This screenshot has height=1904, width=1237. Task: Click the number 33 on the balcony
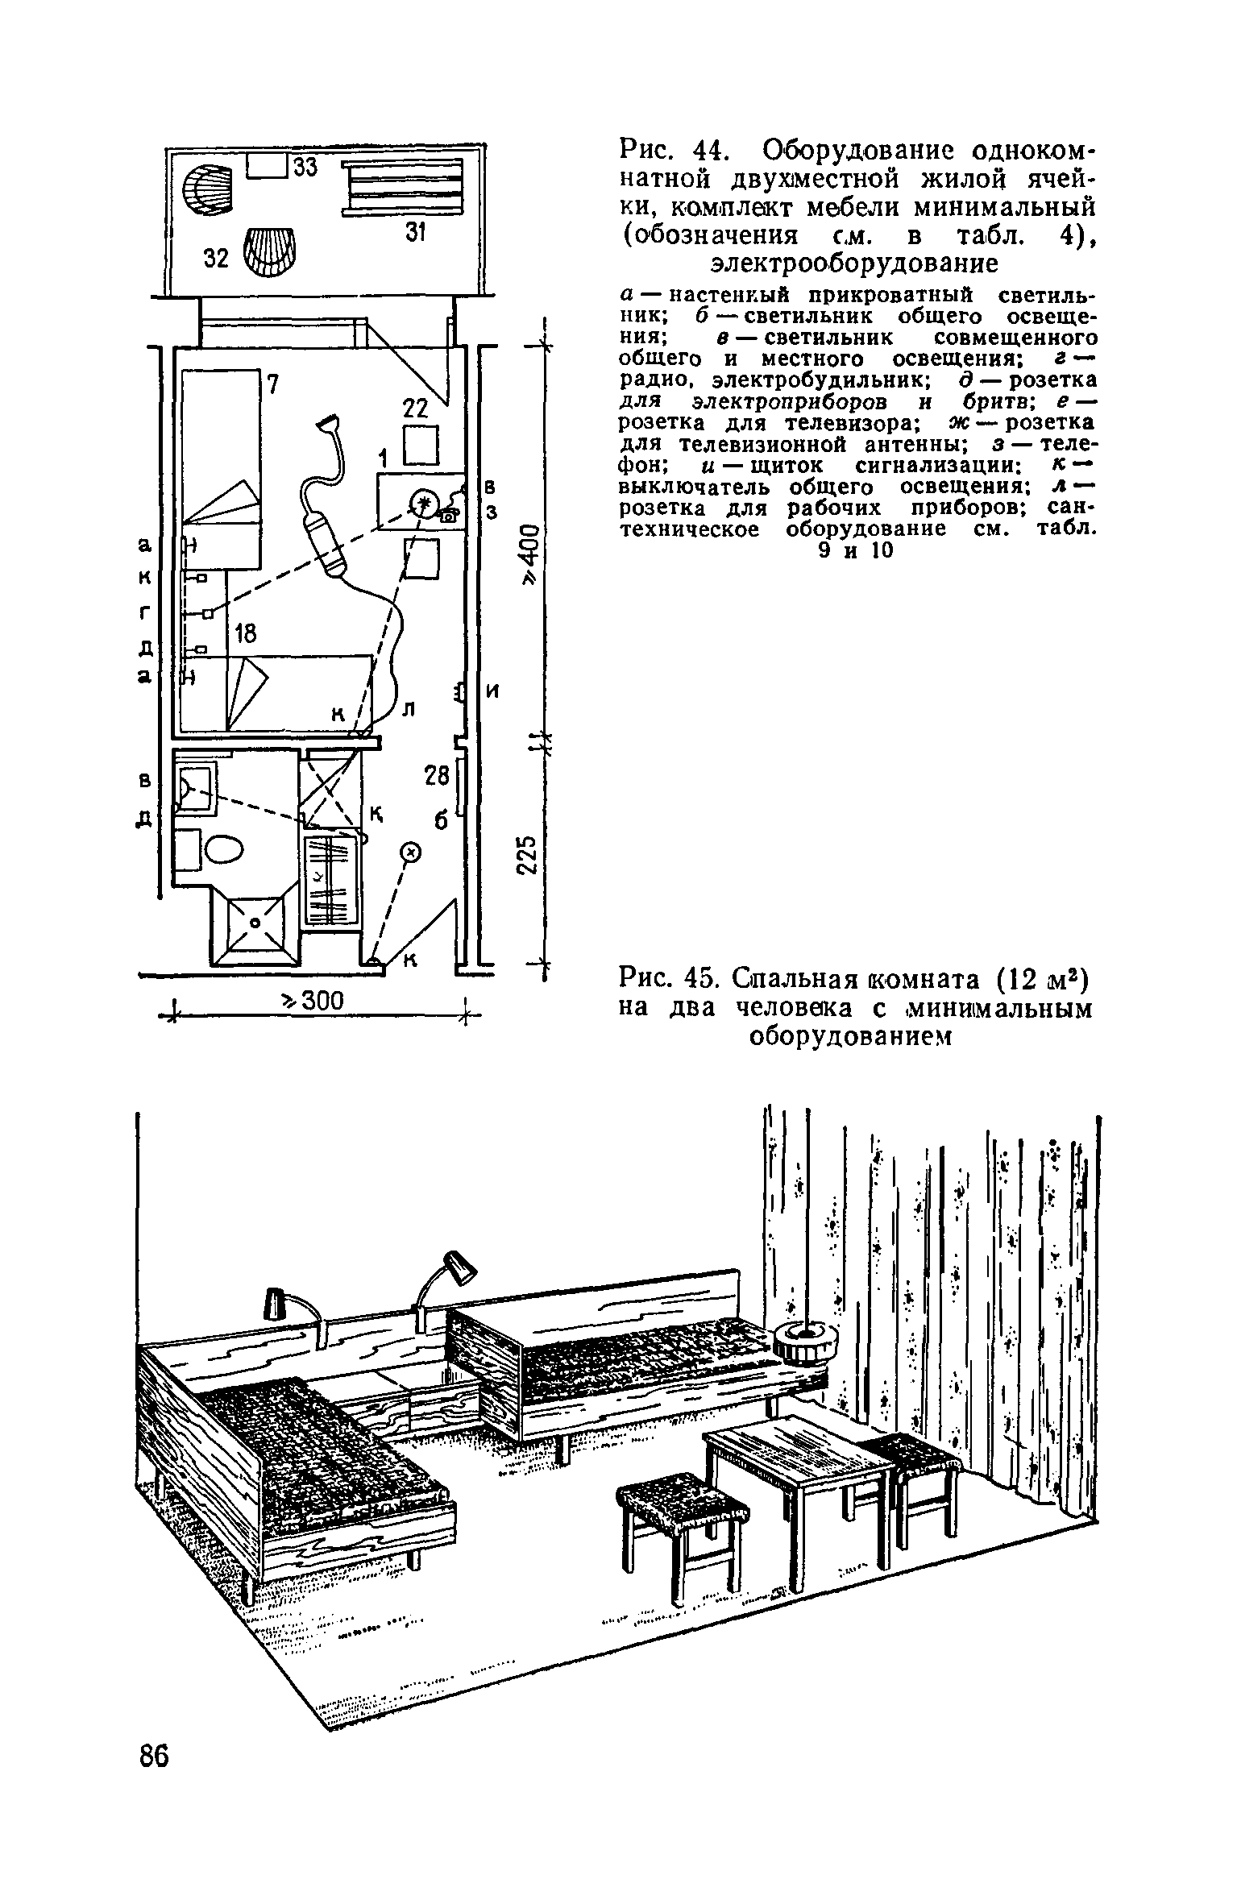click(305, 168)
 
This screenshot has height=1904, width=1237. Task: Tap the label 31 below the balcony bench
click(414, 233)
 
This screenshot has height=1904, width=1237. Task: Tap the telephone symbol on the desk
click(449, 513)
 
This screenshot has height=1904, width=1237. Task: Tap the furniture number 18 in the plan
click(244, 634)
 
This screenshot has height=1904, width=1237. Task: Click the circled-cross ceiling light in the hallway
click(410, 851)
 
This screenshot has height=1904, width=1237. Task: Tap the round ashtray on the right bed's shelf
click(805, 1342)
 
